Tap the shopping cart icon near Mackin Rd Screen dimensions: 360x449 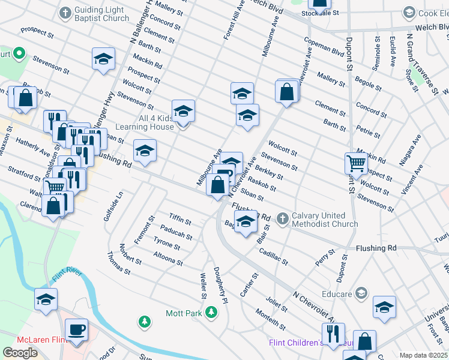357,163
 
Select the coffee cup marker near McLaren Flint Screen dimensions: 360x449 76,330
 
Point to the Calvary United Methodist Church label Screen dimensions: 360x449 324,220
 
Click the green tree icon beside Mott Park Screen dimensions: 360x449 211,312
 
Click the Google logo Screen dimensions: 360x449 20,353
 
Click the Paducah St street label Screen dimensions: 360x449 176,232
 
